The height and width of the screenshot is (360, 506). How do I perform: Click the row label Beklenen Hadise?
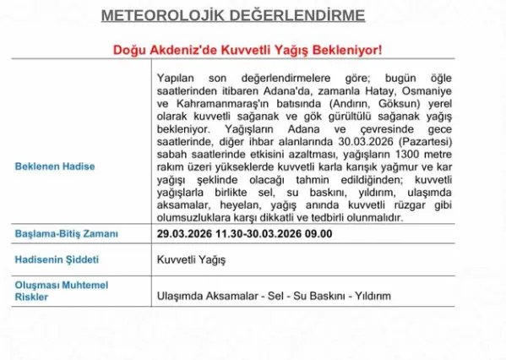click(55, 166)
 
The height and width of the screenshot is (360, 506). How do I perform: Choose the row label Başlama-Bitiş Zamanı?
click(67, 233)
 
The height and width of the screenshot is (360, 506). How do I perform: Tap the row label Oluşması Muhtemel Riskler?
click(61, 291)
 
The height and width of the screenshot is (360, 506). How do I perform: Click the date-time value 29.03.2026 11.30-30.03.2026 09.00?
click(244, 233)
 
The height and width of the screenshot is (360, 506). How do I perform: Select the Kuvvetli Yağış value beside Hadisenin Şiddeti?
click(191, 259)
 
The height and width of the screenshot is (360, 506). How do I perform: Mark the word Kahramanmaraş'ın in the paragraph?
click(218, 103)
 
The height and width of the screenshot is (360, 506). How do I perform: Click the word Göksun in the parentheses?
click(373, 103)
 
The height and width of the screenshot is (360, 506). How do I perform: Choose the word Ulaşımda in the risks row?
click(182, 296)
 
